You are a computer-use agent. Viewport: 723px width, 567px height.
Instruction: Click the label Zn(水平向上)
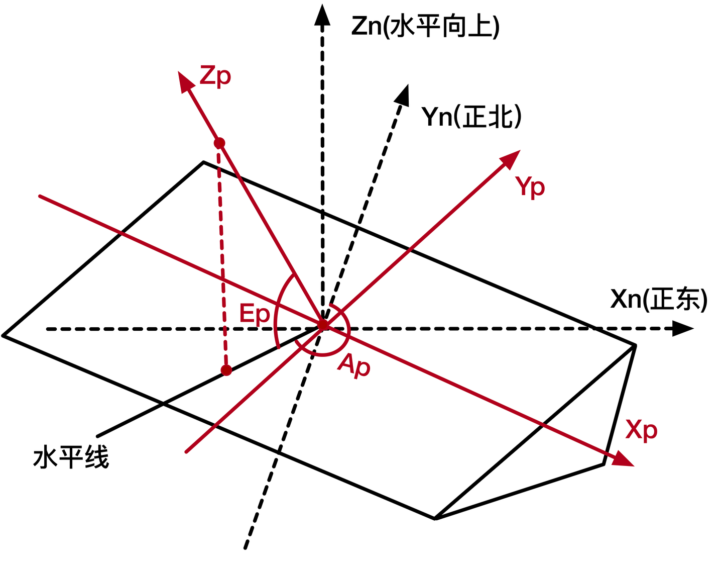pos(425,27)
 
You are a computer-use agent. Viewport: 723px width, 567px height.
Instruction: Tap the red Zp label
pos(215,76)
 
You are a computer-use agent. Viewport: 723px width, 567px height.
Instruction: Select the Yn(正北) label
pos(471,117)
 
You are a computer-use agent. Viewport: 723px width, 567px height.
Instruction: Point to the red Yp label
pos(530,187)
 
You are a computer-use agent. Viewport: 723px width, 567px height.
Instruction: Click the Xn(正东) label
pos(659,299)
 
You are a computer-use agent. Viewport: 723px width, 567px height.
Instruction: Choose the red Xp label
pos(641,430)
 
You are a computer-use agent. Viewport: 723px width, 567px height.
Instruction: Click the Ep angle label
pos(255,314)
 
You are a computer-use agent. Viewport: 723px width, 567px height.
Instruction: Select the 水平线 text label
pos(71,458)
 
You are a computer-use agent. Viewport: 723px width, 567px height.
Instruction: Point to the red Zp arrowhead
pos(186,81)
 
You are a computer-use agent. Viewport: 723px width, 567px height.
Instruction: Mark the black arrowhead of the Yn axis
pos(403,94)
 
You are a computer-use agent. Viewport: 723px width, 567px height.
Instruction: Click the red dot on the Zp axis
pos(219,143)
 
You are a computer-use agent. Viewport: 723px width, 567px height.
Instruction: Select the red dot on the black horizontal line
pos(226,370)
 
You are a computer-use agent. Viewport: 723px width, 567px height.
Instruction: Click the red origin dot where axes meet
pos(323,325)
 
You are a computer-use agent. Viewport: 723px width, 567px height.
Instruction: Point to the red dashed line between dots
pos(222,256)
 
